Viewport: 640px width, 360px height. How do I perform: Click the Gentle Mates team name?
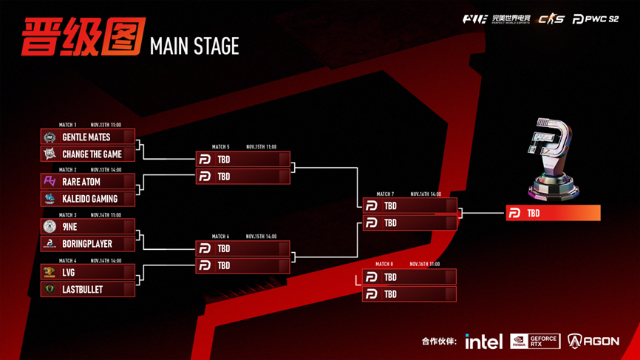[86, 137]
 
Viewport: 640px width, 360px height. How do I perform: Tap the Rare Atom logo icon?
[50, 181]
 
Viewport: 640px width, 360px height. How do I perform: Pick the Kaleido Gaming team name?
[89, 199]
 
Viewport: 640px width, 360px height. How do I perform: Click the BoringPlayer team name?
[87, 244]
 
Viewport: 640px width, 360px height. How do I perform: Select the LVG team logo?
[50, 272]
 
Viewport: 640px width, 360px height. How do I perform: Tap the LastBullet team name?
[82, 290]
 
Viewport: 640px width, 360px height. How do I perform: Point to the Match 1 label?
[67, 125]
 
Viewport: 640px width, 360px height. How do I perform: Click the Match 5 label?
[220, 147]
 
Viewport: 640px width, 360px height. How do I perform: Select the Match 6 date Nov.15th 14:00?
[261, 237]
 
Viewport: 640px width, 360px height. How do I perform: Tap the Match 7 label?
[385, 194]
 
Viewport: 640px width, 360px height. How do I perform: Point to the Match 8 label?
[384, 264]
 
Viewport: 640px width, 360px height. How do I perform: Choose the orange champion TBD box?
[553, 213]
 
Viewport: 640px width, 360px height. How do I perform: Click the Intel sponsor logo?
[483, 341]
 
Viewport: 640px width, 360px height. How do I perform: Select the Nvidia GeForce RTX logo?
[535, 341]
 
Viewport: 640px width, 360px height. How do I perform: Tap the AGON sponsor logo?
[593, 341]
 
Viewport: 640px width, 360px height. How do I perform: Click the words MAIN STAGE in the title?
[194, 47]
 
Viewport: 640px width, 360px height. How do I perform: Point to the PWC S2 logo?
[596, 19]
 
